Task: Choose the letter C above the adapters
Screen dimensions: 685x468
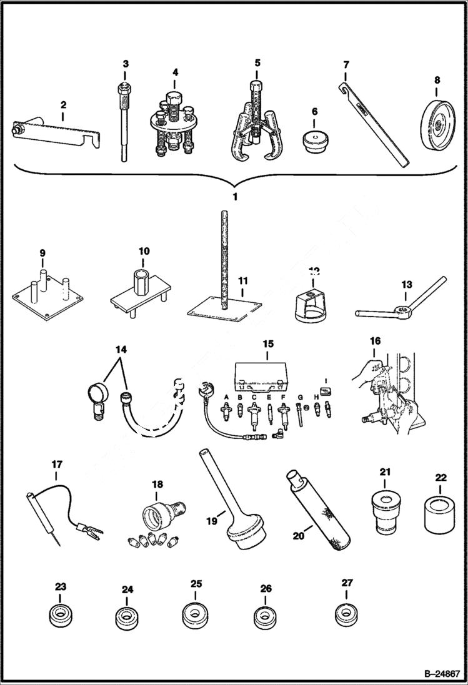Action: (254, 397)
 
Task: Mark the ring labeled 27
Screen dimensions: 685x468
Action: (347, 613)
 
